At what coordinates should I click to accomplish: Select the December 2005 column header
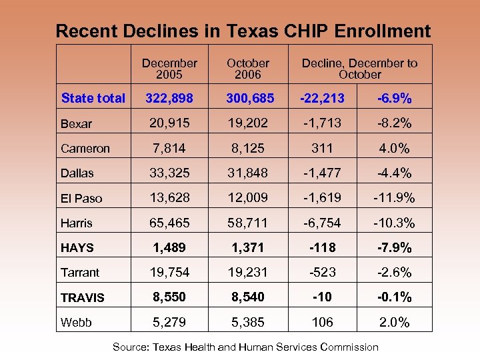tap(169, 69)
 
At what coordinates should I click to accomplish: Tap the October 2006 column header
tap(247, 69)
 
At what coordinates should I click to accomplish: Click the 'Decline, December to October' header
tap(359, 69)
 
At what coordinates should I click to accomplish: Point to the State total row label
tap(93, 98)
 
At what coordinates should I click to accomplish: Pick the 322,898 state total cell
tap(169, 98)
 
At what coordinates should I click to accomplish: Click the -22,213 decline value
tap(323, 98)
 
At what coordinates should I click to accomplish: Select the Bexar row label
tap(77, 123)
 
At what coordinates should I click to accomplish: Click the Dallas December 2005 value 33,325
tap(169, 173)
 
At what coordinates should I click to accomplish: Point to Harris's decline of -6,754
tap(323, 223)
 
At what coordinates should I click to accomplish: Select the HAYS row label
tap(77, 248)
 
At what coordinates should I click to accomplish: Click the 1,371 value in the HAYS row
tap(247, 247)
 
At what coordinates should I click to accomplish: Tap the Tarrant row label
tap(80, 273)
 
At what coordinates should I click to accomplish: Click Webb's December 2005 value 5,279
tap(169, 323)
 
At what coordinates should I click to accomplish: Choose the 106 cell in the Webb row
tap(323, 323)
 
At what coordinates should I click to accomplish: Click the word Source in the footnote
tap(131, 347)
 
